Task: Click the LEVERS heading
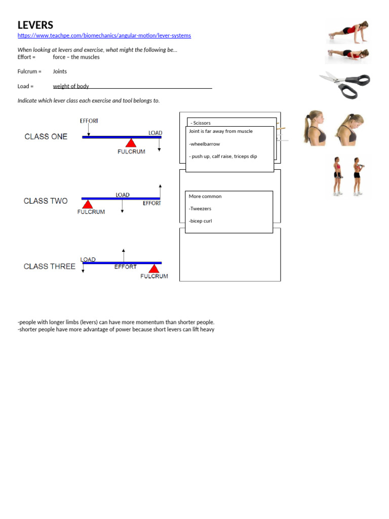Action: pos(35,25)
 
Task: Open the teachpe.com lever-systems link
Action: pos(104,35)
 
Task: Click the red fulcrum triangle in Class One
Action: pos(131,143)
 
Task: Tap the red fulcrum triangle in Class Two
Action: pos(88,204)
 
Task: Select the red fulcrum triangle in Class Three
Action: pos(153,269)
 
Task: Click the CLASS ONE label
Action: pos(46,136)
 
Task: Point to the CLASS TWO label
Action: pos(46,201)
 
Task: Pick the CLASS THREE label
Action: pos(49,266)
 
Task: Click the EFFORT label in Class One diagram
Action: pos(89,121)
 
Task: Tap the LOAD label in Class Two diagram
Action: pos(123,195)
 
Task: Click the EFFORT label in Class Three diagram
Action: pos(125,267)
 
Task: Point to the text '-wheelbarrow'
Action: pos(204,144)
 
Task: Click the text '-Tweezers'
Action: pos(200,208)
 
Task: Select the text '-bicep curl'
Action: pos(200,221)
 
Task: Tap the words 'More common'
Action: pos(205,196)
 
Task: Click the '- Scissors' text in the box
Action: pos(201,123)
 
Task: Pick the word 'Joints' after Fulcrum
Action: pos(60,71)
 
